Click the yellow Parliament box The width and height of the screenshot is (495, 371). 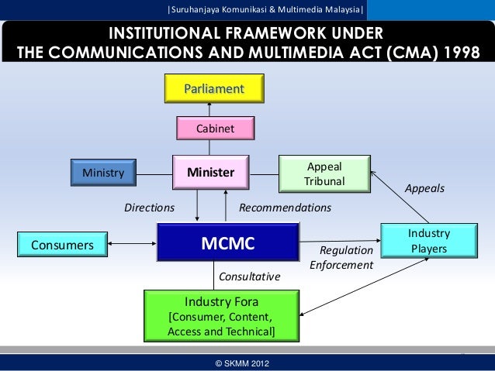214,88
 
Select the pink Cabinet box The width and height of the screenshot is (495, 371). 215,129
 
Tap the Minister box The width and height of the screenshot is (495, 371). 211,173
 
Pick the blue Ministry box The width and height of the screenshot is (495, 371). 103,173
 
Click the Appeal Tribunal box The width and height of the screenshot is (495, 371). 324,173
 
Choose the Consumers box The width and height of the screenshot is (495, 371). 62,246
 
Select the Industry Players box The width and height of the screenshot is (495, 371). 428,241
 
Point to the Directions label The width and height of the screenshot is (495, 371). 150,208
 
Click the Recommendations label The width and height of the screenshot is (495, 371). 285,208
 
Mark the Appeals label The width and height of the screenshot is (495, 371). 425,188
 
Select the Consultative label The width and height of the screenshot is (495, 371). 250,277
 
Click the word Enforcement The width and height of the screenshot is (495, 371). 341,266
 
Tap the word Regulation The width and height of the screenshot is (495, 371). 347,251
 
